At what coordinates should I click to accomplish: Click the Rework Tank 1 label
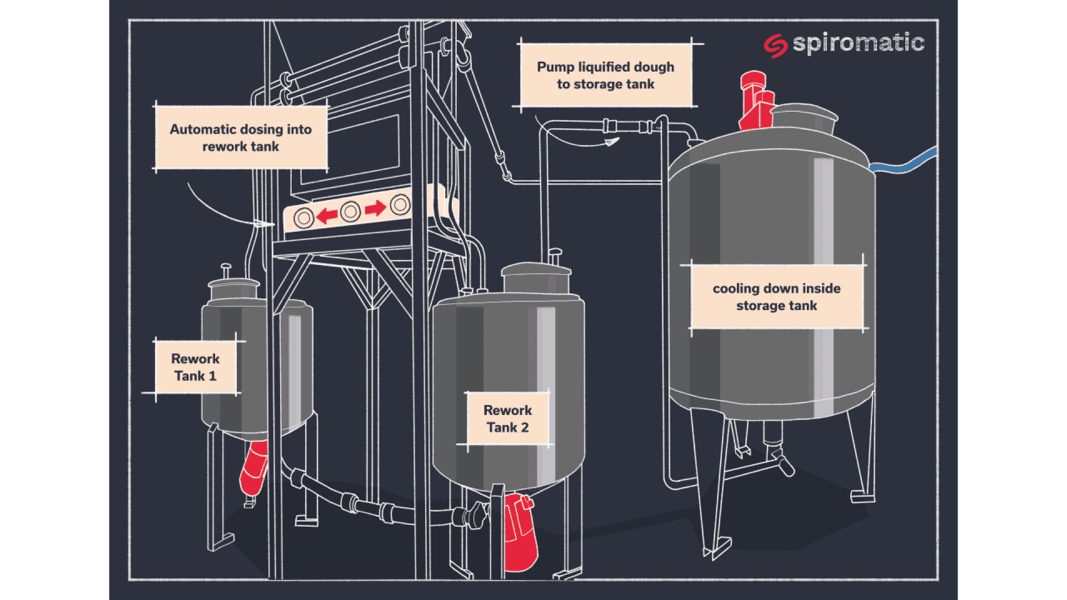pos(195,367)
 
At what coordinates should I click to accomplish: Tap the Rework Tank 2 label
pos(507,418)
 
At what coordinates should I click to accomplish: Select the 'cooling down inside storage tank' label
pos(776,297)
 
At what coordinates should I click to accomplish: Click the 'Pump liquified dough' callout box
pos(605,75)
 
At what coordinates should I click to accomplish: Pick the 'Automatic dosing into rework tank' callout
pos(241,137)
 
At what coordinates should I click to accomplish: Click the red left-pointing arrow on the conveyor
pos(327,214)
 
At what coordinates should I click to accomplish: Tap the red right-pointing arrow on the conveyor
pos(376,208)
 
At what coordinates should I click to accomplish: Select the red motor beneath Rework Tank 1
pos(254,468)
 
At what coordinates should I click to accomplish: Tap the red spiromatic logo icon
pos(775,46)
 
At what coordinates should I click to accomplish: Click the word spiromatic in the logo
pos(858,43)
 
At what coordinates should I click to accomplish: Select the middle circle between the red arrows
pos(350,212)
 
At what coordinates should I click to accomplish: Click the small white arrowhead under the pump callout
pos(611,142)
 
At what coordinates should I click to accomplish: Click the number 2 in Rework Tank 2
pos(524,427)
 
